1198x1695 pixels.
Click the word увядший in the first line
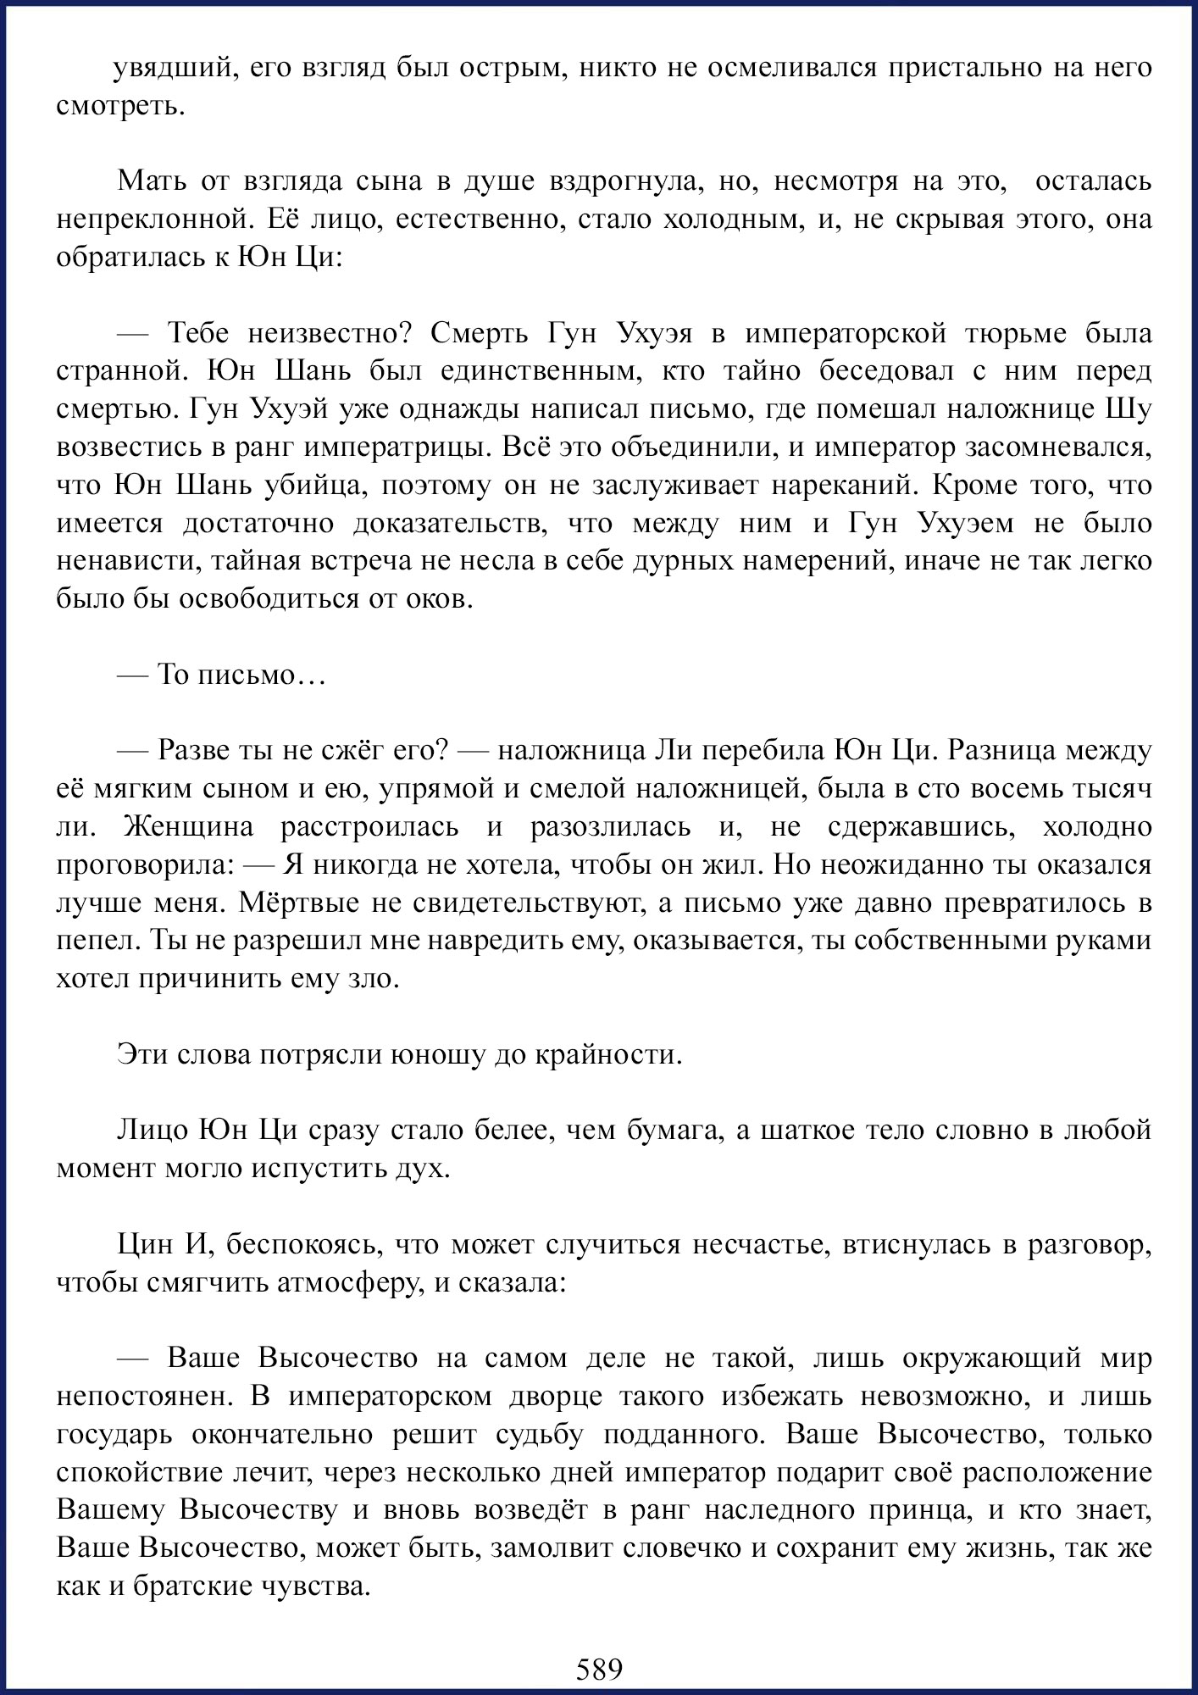coord(169,69)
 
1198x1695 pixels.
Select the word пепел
coord(95,941)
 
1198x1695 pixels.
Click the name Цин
coord(144,1244)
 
